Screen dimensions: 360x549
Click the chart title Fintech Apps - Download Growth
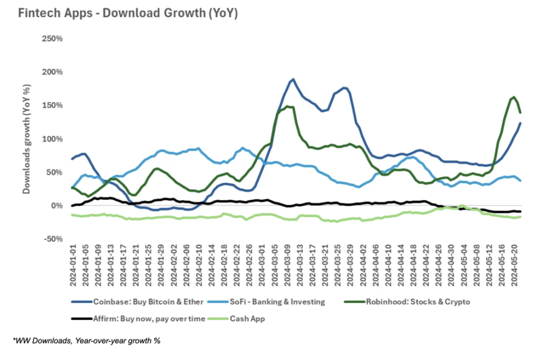tap(128, 13)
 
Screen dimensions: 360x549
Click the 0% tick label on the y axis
tap(56, 205)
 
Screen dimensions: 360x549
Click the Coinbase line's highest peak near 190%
tap(293, 79)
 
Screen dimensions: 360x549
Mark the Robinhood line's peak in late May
tap(514, 97)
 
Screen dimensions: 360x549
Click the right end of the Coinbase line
tap(521, 123)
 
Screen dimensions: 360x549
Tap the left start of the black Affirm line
tap(72, 205)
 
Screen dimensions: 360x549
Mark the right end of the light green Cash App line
tap(521, 216)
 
